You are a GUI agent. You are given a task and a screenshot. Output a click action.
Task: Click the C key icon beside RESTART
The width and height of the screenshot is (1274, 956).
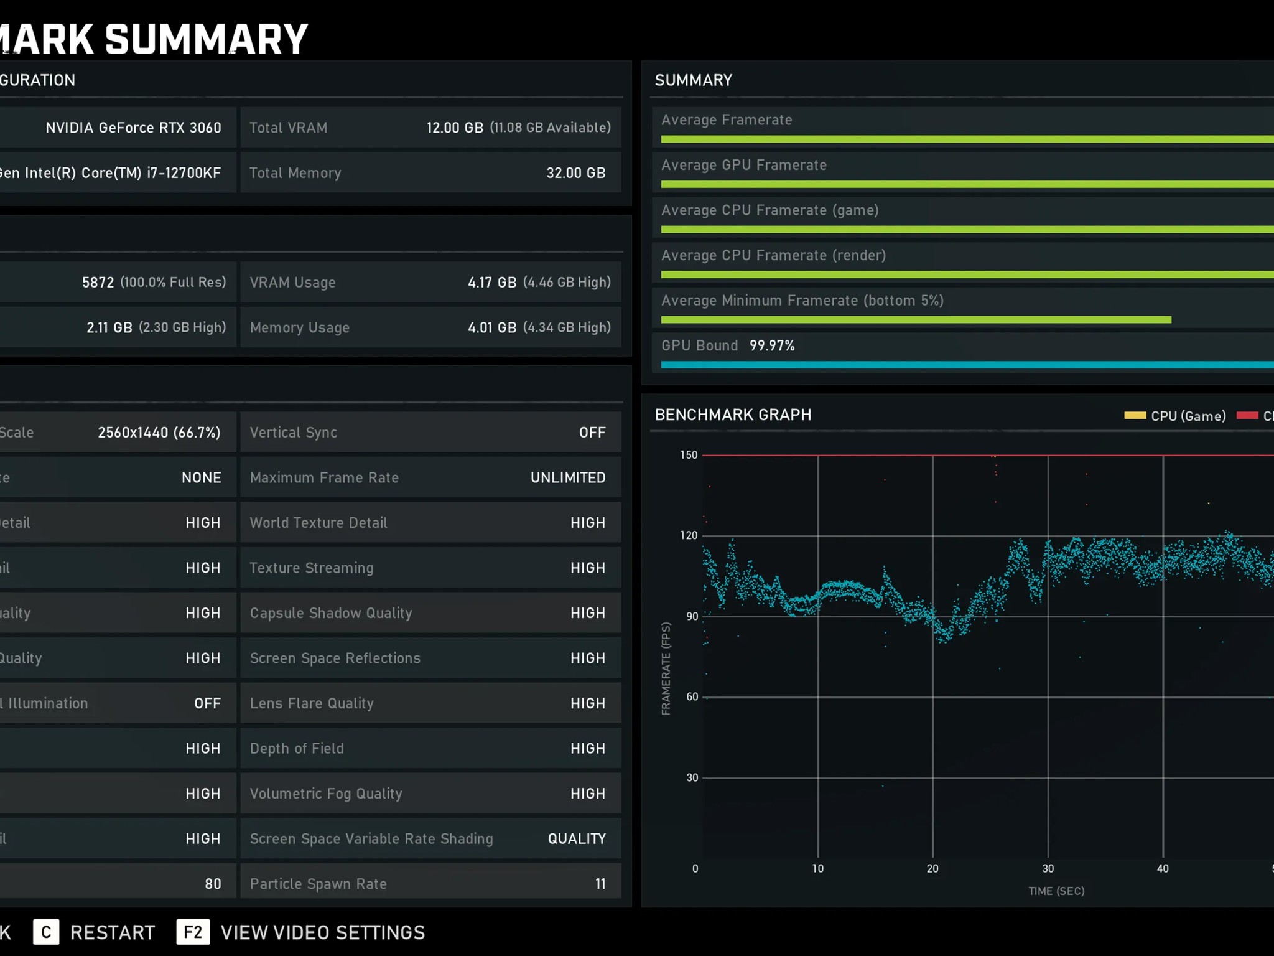point(46,932)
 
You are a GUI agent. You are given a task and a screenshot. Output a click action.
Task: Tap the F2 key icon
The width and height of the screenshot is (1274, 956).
point(193,932)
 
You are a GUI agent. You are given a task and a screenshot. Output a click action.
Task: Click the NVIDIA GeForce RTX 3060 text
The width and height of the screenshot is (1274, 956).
point(133,128)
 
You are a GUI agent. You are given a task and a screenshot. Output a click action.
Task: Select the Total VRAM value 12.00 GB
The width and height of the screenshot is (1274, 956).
point(455,128)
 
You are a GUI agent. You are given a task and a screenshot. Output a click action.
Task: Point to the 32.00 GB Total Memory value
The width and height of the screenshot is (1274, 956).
point(576,173)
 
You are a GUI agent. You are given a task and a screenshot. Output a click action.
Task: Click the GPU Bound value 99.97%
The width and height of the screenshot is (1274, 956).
point(772,345)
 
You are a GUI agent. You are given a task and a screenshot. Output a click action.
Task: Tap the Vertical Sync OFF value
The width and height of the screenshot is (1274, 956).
point(592,433)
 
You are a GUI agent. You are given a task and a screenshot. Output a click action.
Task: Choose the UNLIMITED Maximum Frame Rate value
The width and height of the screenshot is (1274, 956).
point(568,477)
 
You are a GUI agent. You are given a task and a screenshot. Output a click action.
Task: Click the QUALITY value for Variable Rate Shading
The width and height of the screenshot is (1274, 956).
point(577,839)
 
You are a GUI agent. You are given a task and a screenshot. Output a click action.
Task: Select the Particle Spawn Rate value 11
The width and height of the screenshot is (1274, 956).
point(600,884)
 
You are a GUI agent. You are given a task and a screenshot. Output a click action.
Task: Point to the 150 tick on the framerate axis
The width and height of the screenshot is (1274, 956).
point(689,455)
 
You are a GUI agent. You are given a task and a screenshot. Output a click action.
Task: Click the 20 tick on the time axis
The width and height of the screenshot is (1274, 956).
point(932,868)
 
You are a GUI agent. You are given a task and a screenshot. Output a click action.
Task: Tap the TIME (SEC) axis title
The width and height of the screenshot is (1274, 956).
point(1056,891)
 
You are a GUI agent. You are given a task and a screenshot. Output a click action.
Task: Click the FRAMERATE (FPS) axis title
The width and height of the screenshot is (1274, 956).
point(666,668)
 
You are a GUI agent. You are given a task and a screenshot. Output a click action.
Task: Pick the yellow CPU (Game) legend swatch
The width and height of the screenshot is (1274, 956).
point(1135,415)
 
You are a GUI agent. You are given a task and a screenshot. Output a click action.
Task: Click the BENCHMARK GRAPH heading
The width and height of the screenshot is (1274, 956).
point(733,415)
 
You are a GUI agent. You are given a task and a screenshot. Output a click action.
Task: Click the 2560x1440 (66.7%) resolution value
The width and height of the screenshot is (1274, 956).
point(159,433)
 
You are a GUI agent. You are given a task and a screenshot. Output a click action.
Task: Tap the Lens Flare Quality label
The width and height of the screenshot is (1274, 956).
point(312,703)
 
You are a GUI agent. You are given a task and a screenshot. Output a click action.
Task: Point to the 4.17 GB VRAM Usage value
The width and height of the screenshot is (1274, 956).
point(492,283)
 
